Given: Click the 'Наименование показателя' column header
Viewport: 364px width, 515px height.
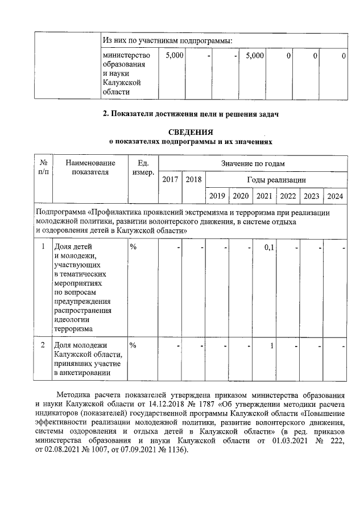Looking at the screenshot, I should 90,168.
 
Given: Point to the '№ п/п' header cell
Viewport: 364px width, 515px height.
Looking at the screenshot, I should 43,168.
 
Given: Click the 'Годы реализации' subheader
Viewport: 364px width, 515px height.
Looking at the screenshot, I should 276,180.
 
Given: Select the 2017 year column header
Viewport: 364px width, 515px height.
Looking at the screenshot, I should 170,180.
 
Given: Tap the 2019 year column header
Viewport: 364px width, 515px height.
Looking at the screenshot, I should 217,196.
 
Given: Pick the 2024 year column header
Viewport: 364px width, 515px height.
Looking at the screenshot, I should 335,196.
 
